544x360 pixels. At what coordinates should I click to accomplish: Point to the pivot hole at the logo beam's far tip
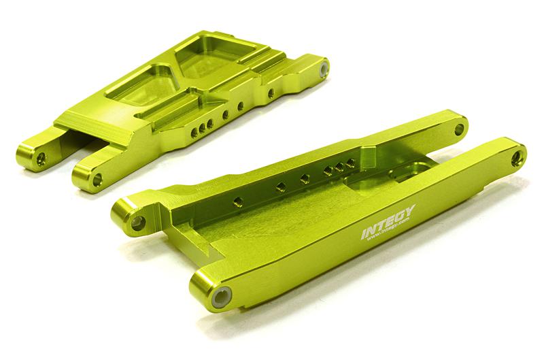(517, 156)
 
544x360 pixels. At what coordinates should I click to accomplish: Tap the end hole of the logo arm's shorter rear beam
(458, 128)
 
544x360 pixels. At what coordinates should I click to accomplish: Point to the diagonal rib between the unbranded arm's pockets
(179, 74)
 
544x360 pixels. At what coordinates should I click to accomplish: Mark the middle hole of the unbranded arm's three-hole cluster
(202, 126)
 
